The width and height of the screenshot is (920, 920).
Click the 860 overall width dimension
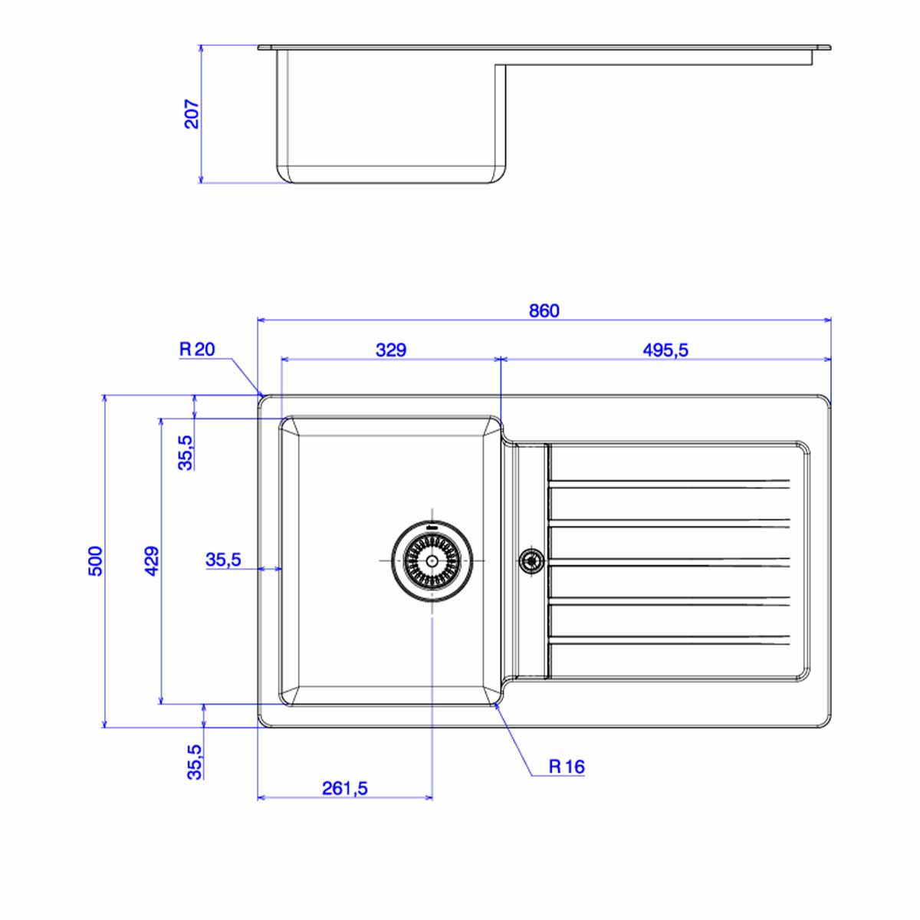[x=544, y=311]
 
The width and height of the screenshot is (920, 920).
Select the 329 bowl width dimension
[x=391, y=350]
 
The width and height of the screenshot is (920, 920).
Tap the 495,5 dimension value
[x=665, y=350]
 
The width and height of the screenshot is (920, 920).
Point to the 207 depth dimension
[x=192, y=113]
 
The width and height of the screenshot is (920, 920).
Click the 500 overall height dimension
[x=96, y=561]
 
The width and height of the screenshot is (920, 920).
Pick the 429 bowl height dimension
[x=152, y=561]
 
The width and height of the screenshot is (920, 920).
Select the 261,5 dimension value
[x=345, y=788]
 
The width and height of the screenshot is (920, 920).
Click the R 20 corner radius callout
[x=197, y=350]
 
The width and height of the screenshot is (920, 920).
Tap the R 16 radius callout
[x=567, y=767]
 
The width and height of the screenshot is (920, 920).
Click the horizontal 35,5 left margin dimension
[x=223, y=560]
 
